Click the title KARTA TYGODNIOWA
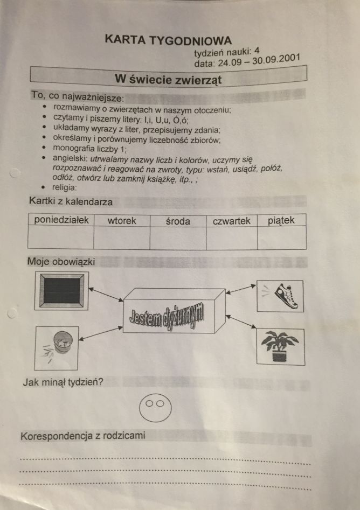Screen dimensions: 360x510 tap(168, 40)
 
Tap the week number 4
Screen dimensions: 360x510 tap(257, 51)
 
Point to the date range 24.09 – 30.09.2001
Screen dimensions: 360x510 tap(259, 60)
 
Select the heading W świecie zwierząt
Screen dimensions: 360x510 tap(168, 79)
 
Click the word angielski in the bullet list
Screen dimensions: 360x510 tap(70, 159)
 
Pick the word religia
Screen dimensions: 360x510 tap(65, 187)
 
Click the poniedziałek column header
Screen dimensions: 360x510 tap(61, 220)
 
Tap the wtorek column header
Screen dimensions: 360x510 tap(122, 221)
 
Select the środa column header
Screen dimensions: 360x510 tap(178, 221)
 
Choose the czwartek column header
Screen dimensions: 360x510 tap(231, 221)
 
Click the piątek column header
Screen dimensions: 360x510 tap(281, 221)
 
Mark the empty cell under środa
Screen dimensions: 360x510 tap(178, 238)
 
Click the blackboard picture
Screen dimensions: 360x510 tap(61, 291)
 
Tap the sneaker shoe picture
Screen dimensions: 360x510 tap(280, 296)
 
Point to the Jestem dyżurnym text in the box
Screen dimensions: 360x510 tap(166, 317)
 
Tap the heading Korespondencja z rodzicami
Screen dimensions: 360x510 tap(82, 436)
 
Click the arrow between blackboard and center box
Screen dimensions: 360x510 tap(106, 294)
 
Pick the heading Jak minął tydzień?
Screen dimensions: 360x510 tap(63, 381)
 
